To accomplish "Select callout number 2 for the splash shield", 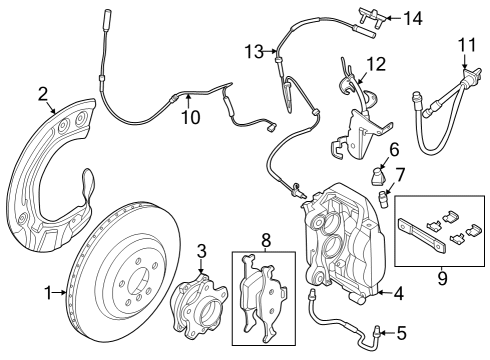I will coord(43,94).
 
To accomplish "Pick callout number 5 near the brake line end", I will coord(401,333).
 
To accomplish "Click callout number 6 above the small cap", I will coord(394,149).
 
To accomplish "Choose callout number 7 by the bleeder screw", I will coord(400,175).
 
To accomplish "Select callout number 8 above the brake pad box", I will coord(265,240).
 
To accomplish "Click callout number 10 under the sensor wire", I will coord(190,117).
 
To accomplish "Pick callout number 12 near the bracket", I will coord(376,63).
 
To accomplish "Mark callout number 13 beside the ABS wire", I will coord(254,50).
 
